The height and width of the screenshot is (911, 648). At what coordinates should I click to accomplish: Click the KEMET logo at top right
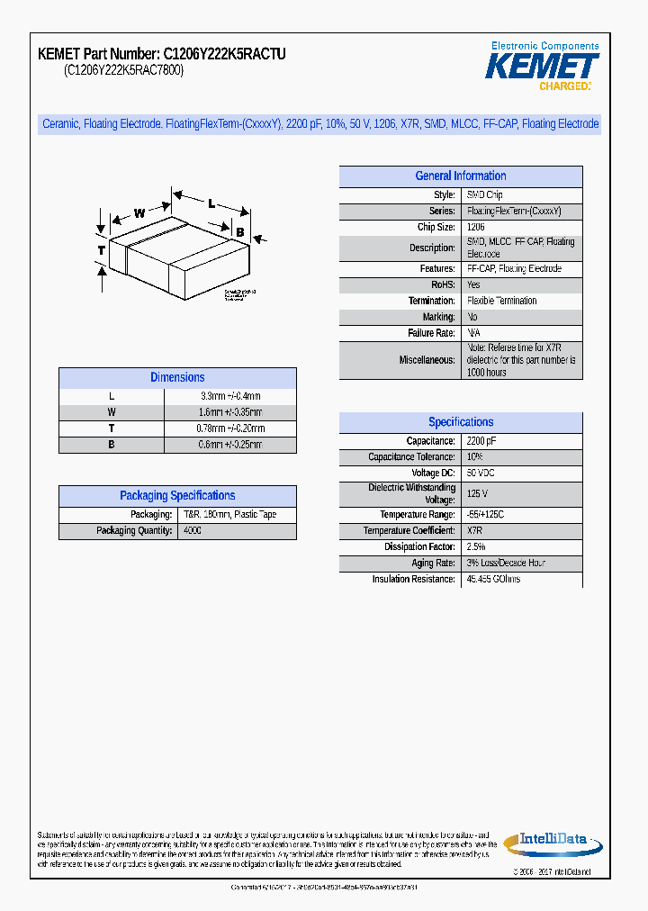[x=542, y=67]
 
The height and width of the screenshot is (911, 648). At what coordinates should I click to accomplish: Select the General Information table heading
[x=460, y=176]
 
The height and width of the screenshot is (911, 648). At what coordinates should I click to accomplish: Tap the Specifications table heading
[x=461, y=422]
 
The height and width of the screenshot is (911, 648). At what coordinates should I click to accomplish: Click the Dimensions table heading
[x=177, y=378]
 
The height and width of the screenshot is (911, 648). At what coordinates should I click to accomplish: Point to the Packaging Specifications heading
[x=177, y=496]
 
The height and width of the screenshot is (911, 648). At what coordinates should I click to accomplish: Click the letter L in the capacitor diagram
[x=211, y=203]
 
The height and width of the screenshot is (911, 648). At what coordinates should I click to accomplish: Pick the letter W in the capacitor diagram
[x=139, y=213]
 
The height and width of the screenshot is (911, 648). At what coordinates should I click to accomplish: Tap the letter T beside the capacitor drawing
[x=102, y=249]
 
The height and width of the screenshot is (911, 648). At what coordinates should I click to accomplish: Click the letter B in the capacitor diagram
[x=239, y=232]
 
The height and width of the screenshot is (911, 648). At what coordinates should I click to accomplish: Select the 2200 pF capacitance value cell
[x=481, y=441]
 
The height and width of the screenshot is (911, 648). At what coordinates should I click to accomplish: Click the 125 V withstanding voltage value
[x=477, y=493]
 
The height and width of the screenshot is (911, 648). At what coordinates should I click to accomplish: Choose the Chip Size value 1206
[x=476, y=228]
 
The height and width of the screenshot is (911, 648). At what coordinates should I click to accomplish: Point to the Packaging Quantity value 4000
[x=193, y=531]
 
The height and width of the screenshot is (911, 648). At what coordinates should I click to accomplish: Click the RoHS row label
[x=442, y=284]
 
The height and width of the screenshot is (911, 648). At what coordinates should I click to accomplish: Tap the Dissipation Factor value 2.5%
[x=476, y=546]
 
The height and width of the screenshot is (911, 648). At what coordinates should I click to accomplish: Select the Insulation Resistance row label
[x=413, y=579]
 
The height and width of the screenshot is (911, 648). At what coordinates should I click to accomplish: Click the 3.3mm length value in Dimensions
[x=230, y=396]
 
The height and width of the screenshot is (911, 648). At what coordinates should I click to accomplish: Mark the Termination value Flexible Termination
[x=502, y=301]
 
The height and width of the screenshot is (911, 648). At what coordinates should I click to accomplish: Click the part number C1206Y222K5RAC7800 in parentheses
[x=123, y=71]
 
